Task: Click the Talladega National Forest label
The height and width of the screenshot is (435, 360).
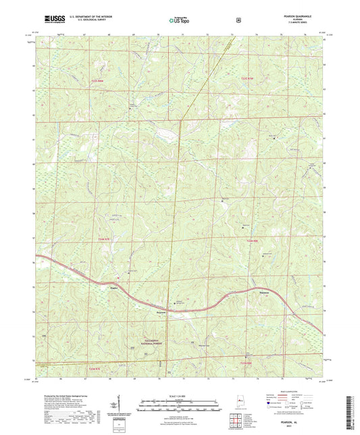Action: [159, 325]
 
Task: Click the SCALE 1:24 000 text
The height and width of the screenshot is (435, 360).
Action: [179, 395]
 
